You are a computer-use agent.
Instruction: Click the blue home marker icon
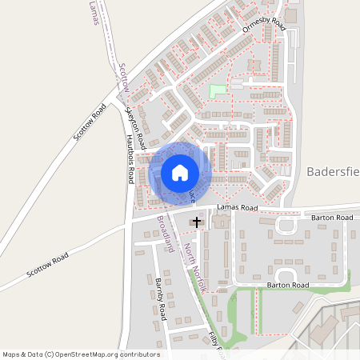179,173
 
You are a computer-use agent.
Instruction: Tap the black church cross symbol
197,221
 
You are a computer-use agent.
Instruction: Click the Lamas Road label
238,208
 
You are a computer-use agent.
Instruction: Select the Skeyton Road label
137,127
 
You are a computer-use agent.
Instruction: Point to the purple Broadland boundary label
165,232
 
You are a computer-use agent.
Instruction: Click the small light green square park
217,91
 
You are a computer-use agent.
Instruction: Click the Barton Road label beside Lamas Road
333,217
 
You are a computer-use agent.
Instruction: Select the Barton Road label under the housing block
288,285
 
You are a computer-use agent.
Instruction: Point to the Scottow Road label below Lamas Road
47,264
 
